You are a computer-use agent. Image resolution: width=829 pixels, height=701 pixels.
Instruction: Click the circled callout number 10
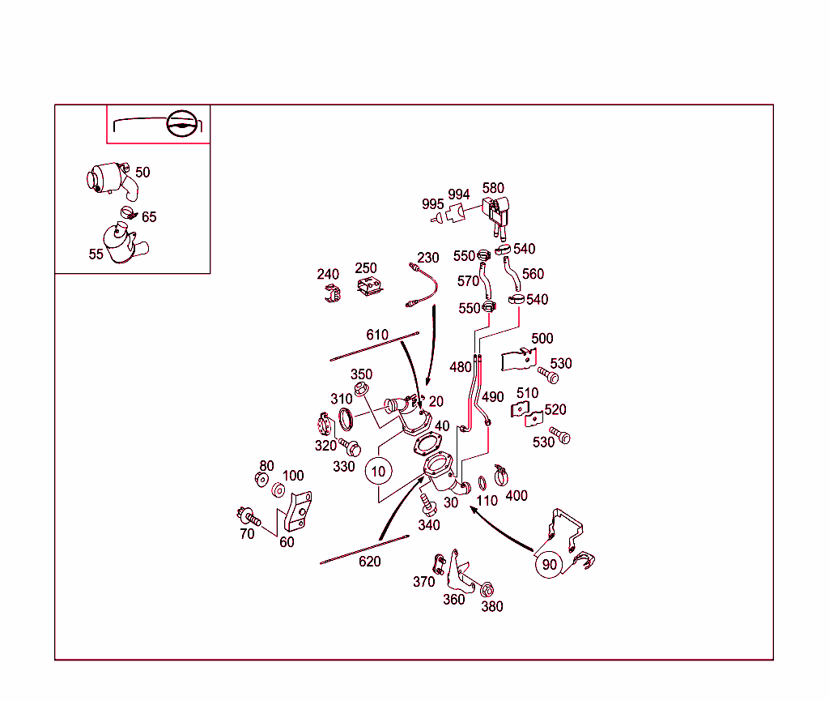click(x=378, y=470)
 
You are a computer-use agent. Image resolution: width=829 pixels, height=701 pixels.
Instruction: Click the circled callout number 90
click(x=550, y=564)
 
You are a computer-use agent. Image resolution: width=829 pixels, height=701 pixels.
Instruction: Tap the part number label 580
click(x=493, y=189)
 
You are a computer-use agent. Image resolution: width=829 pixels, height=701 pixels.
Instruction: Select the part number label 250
click(x=366, y=268)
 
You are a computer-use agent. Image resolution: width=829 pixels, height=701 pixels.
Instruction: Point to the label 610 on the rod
click(x=377, y=335)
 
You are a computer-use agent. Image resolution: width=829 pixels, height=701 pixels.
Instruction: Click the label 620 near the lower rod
click(x=369, y=562)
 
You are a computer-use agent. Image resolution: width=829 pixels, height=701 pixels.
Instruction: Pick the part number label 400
click(x=516, y=495)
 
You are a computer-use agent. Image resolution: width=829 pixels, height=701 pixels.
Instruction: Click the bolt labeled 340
click(x=427, y=503)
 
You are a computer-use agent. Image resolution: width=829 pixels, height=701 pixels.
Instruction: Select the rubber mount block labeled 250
click(x=369, y=289)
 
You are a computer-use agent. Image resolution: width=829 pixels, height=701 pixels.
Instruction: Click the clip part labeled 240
click(x=329, y=296)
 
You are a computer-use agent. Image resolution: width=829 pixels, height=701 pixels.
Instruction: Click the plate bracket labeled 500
click(x=518, y=359)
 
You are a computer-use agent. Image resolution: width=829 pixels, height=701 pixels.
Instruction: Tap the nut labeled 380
click(x=487, y=589)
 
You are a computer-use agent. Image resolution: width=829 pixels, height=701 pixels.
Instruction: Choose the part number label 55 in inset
click(x=96, y=254)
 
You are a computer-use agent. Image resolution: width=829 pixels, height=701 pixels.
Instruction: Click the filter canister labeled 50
click(x=105, y=178)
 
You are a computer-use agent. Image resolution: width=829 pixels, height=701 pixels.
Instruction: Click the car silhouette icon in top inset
click(x=182, y=125)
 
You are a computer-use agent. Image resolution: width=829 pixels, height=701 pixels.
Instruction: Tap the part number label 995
click(x=432, y=204)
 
